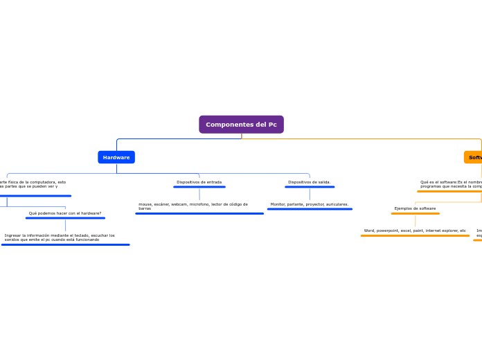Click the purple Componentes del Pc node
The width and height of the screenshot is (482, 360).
pyautogui.click(x=241, y=125)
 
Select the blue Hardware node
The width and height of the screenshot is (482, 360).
pyautogui.click(x=116, y=157)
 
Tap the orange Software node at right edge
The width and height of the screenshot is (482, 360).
pyautogui.click(x=474, y=157)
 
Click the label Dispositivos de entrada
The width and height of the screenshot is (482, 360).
pyautogui.click(x=199, y=182)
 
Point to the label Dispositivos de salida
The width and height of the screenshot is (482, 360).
pyautogui.click(x=309, y=182)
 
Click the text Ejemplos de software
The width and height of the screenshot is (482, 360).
pyautogui.click(x=415, y=208)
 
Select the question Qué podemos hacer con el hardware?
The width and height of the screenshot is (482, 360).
pyautogui.click(x=65, y=213)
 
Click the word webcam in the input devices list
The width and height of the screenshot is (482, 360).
pyautogui.click(x=179, y=204)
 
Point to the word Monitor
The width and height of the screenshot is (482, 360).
pyautogui.click(x=278, y=204)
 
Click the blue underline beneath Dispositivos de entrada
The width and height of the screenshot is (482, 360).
pyautogui.click(x=199, y=187)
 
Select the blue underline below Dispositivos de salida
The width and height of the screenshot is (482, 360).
pyautogui.click(x=309, y=187)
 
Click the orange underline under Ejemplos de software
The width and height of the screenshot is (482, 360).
pyautogui.click(x=415, y=214)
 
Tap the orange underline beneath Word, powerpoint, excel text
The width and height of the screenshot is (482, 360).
pyautogui.click(x=415, y=236)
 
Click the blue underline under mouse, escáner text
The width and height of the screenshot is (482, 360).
pyautogui.click(x=199, y=214)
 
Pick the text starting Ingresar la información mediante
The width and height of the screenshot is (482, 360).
pyautogui.click(x=60, y=237)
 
